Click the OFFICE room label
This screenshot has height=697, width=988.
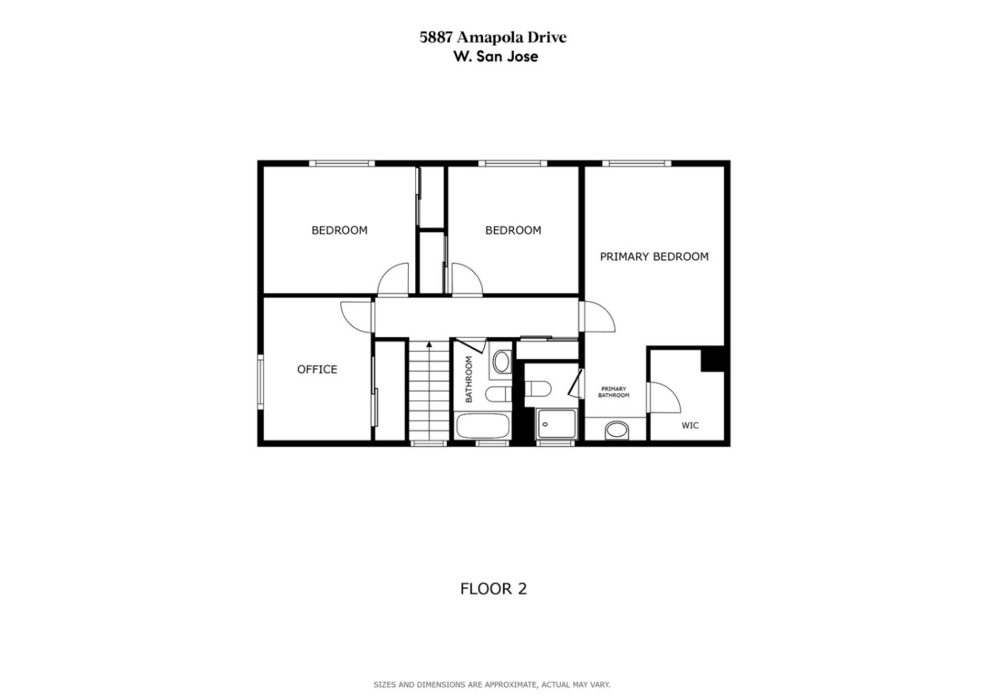point(317,369)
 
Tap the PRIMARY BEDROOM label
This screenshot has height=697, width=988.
point(654,257)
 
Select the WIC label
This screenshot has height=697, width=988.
point(690,425)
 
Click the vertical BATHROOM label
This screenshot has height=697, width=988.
point(469,379)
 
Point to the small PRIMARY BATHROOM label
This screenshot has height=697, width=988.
point(613,392)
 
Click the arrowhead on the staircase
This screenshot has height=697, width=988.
point(429,344)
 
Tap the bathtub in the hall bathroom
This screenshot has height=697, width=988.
point(482,425)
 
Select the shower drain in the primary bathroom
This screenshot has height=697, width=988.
point(545,425)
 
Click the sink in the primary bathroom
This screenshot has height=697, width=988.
point(617,429)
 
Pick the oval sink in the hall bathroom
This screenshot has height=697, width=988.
point(502,362)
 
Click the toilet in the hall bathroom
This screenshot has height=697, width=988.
point(498,394)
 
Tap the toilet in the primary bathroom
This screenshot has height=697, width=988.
point(538,389)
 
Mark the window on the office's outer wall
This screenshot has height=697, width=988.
point(261,382)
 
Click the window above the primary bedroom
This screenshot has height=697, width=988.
point(637,164)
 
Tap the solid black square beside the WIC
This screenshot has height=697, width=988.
point(713,359)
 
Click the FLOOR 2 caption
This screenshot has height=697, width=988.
point(493,589)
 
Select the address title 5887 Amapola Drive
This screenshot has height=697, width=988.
point(493,38)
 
